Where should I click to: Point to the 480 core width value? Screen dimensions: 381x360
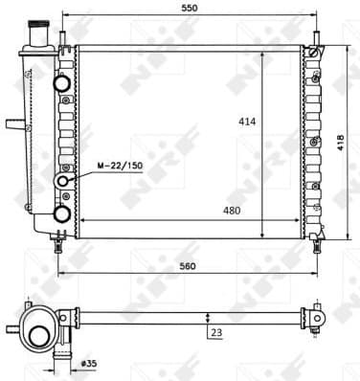tap(232, 211)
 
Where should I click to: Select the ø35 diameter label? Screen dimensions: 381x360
tap(91, 365)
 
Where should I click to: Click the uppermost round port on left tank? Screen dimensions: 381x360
tap(64, 83)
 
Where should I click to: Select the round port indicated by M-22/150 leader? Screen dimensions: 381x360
tap(64, 181)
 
